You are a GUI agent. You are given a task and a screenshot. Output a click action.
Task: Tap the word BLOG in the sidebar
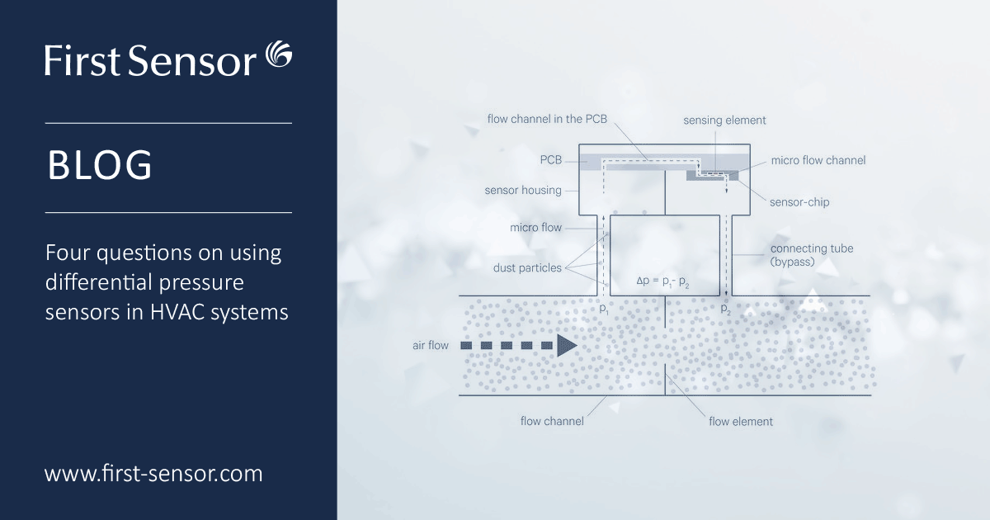(x=100, y=166)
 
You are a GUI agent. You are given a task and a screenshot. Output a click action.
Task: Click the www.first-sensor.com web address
(x=153, y=474)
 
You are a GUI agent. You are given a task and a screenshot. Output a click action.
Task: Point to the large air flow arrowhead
(x=566, y=345)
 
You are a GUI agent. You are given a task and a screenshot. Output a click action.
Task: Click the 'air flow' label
(x=431, y=345)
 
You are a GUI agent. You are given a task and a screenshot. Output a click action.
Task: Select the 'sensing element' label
(x=724, y=121)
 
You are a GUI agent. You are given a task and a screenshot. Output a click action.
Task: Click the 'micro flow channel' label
(x=818, y=160)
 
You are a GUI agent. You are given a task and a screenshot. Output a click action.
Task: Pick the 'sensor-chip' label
(x=799, y=201)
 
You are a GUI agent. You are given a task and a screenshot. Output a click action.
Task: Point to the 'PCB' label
(x=551, y=158)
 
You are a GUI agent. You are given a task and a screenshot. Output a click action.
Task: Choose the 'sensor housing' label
(x=523, y=190)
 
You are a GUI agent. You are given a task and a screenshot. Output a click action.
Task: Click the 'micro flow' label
(x=535, y=228)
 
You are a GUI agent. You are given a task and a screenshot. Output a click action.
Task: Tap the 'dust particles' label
(x=527, y=267)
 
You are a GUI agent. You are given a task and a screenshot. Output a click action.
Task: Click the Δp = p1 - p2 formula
(x=664, y=281)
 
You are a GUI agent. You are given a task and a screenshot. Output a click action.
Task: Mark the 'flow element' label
(x=741, y=421)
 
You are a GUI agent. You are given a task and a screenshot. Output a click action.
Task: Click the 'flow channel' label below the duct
(x=552, y=421)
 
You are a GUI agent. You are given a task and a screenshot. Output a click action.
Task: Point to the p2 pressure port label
(x=725, y=309)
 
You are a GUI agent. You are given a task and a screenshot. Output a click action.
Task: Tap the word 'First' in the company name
(x=78, y=61)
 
